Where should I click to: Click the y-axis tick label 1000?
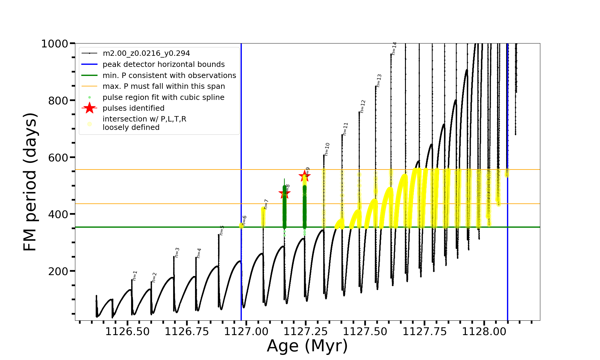pyautogui.click(x=55, y=44)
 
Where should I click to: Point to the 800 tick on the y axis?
pyautogui.click(x=58, y=101)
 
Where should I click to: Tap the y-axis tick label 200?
pyautogui.click(x=58, y=271)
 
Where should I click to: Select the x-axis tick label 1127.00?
pyautogui.click(x=246, y=331)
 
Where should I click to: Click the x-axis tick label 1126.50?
pyautogui.click(x=127, y=331)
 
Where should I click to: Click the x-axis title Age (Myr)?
pyautogui.click(x=307, y=346)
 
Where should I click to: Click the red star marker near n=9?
pyautogui.click(x=304, y=176)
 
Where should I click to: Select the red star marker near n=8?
pyautogui.click(x=284, y=193)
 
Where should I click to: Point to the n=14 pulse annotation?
pyautogui.click(x=394, y=48)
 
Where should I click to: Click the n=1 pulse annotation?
pyautogui.click(x=135, y=276)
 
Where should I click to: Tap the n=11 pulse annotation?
pyautogui.click(x=345, y=129)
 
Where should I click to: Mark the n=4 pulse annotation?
pyautogui.click(x=199, y=253)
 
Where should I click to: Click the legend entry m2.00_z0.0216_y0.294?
pyautogui.click(x=146, y=53)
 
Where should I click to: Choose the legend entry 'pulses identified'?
pyautogui.click(x=133, y=108)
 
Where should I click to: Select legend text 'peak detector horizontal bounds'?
pyautogui.click(x=163, y=64)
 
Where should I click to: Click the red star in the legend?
pyautogui.click(x=89, y=108)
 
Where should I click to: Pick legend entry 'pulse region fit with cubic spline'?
pyautogui.click(x=163, y=97)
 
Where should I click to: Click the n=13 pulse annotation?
pyautogui.click(x=379, y=81)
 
